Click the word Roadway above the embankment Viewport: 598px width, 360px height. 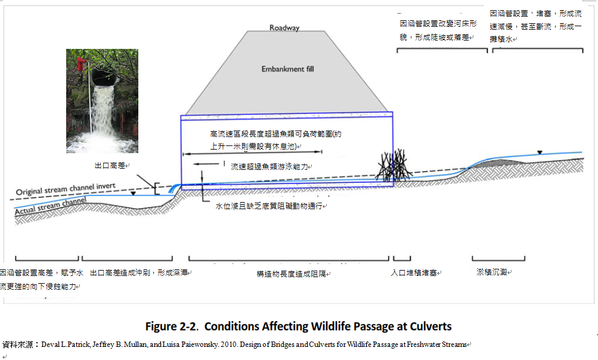tap(284, 27)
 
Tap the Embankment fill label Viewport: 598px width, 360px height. tap(287, 69)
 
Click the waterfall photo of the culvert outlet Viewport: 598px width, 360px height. tap(102, 101)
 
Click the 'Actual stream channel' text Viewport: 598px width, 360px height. tap(51, 206)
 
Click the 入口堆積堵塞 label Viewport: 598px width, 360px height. tap(415, 273)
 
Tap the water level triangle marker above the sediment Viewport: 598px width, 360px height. tap(540, 152)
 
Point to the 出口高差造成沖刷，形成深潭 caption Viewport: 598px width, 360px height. tap(140, 272)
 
